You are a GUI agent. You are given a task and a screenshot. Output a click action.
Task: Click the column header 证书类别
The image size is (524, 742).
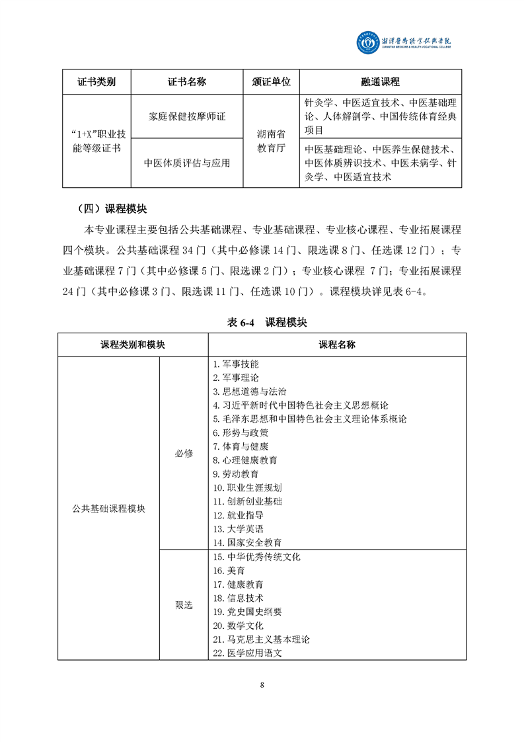point(96,82)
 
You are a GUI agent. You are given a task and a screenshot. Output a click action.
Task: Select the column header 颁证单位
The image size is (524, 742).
point(271,82)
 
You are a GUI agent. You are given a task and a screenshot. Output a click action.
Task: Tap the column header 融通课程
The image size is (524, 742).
point(380,82)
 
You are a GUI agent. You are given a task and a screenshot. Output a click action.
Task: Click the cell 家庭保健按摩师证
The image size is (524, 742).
point(187,116)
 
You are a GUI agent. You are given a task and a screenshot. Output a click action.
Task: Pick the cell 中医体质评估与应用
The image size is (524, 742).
point(187,163)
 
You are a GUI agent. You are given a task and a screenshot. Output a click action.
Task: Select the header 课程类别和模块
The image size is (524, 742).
point(132,345)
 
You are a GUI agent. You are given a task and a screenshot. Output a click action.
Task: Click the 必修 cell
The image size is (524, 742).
point(184,453)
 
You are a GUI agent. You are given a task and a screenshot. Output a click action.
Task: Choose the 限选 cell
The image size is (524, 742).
point(184,605)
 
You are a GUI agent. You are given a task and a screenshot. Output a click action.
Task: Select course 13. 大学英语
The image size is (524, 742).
point(238,528)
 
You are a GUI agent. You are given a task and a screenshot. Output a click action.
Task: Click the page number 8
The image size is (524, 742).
point(262,684)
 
